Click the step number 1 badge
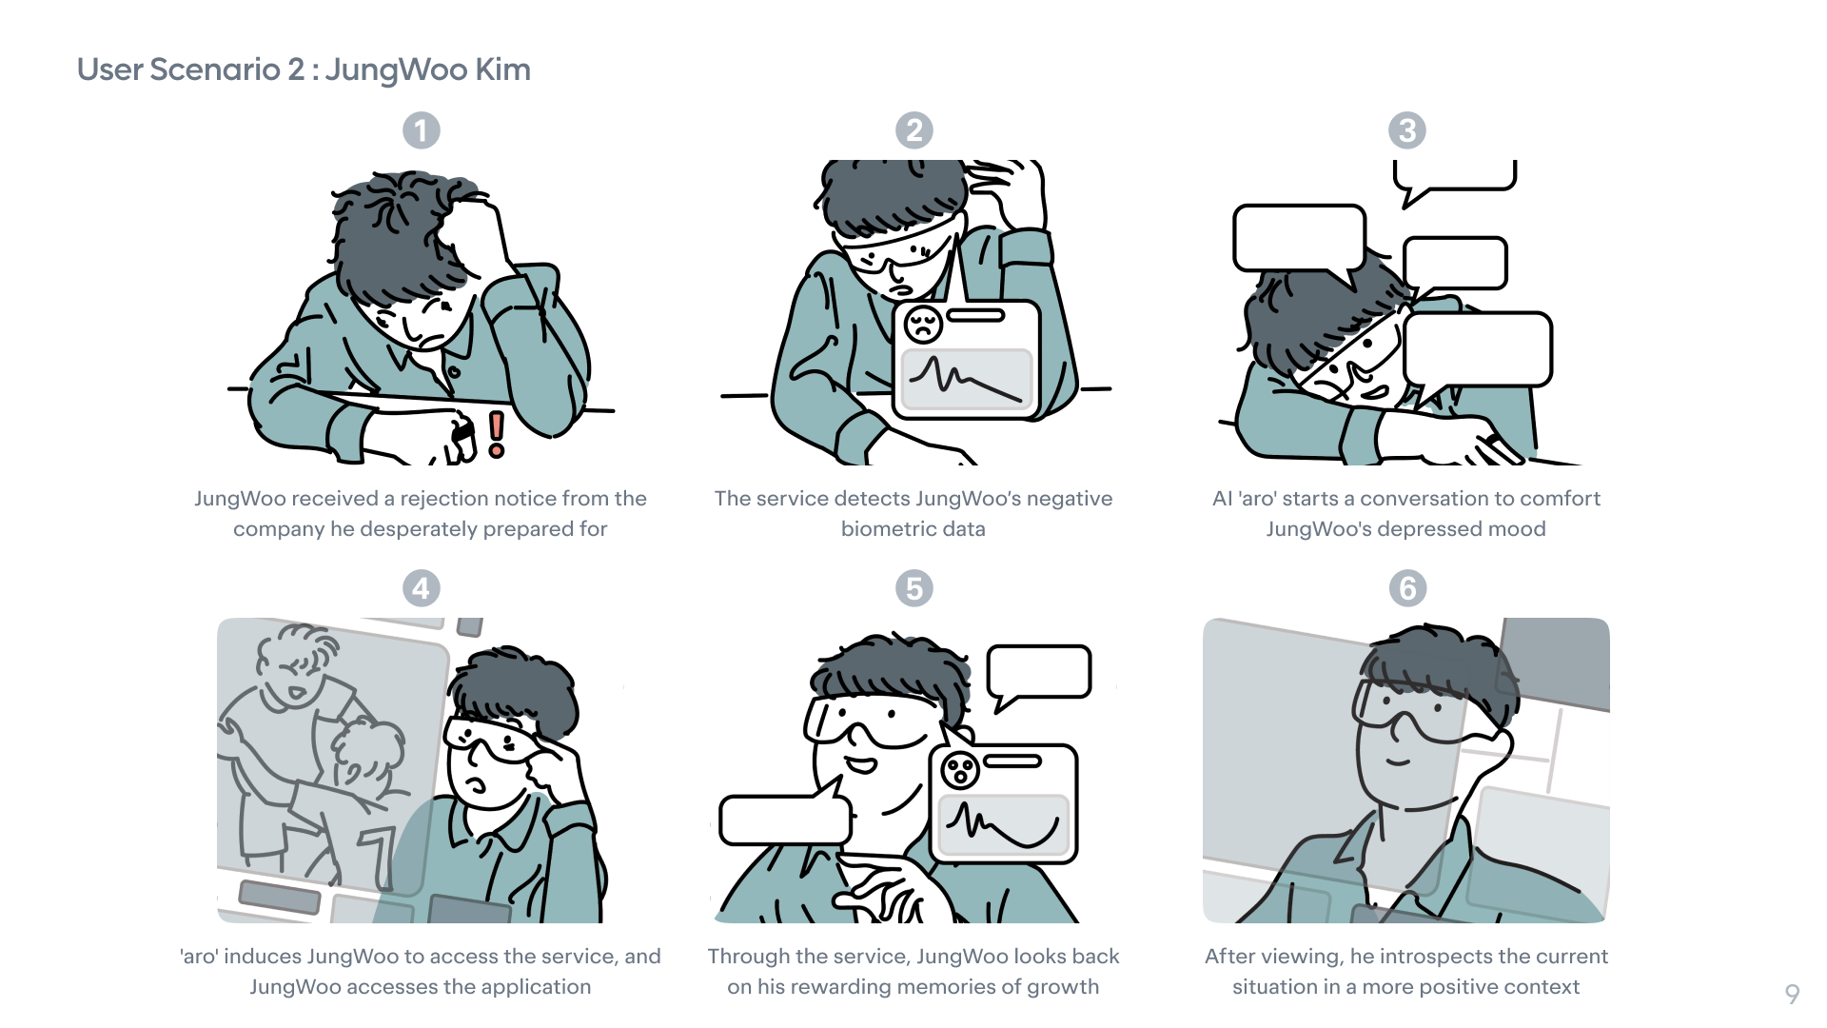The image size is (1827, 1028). (x=422, y=130)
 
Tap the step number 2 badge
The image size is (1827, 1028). (x=914, y=130)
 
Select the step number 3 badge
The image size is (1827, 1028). (x=1407, y=130)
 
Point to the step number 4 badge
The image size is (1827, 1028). (x=422, y=588)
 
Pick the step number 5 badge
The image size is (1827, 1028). (x=914, y=588)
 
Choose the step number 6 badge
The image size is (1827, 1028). (x=1408, y=588)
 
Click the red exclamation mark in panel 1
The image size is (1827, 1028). (x=496, y=434)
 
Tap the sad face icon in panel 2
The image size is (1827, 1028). (x=923, y=325)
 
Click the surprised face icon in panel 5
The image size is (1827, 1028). (x=960, y=769)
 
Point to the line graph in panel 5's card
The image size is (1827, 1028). (x=1004, y=825)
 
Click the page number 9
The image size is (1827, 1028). (x=1792, y=995)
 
